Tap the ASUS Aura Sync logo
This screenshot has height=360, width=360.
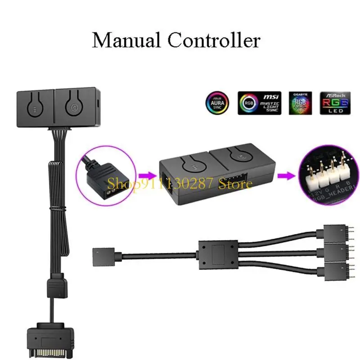point(216,103)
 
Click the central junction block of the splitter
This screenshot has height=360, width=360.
point(217,254)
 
